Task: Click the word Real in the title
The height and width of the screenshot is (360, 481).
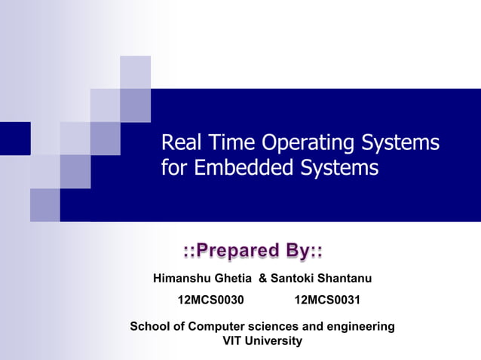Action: point(180,142)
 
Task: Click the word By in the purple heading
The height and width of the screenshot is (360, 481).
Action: point(299,250)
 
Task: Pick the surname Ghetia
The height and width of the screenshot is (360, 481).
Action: point(234,279)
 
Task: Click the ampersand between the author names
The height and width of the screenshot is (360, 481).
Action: point(263,279)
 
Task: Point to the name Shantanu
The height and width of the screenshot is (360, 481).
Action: point(345,279)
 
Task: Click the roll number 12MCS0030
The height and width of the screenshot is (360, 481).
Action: point(210,301)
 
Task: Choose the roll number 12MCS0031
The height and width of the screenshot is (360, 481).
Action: point(327,301)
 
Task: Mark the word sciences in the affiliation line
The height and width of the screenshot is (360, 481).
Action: point(271,326)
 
